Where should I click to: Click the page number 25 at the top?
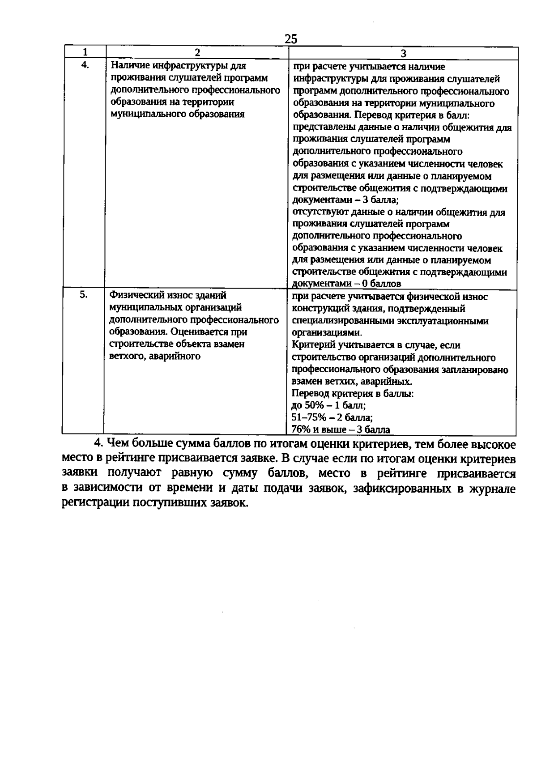click(x=290, y=39)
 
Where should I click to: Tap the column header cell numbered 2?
click(x=197, y=52)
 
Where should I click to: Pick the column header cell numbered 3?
click(x=403, y=53)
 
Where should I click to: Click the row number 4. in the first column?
click(x=85, y=65)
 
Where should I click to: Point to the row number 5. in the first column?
click(x=83, y=294)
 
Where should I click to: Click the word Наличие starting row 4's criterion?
click(x=129, y=66)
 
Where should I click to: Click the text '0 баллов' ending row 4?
click(x=382, y=284)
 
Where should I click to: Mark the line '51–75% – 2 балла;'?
click(x=332, y=418)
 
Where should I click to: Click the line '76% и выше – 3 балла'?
click(x=341, y=430)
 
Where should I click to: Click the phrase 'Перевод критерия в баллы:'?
click(x=353, y=394)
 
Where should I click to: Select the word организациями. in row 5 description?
click(x=327, y=333)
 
